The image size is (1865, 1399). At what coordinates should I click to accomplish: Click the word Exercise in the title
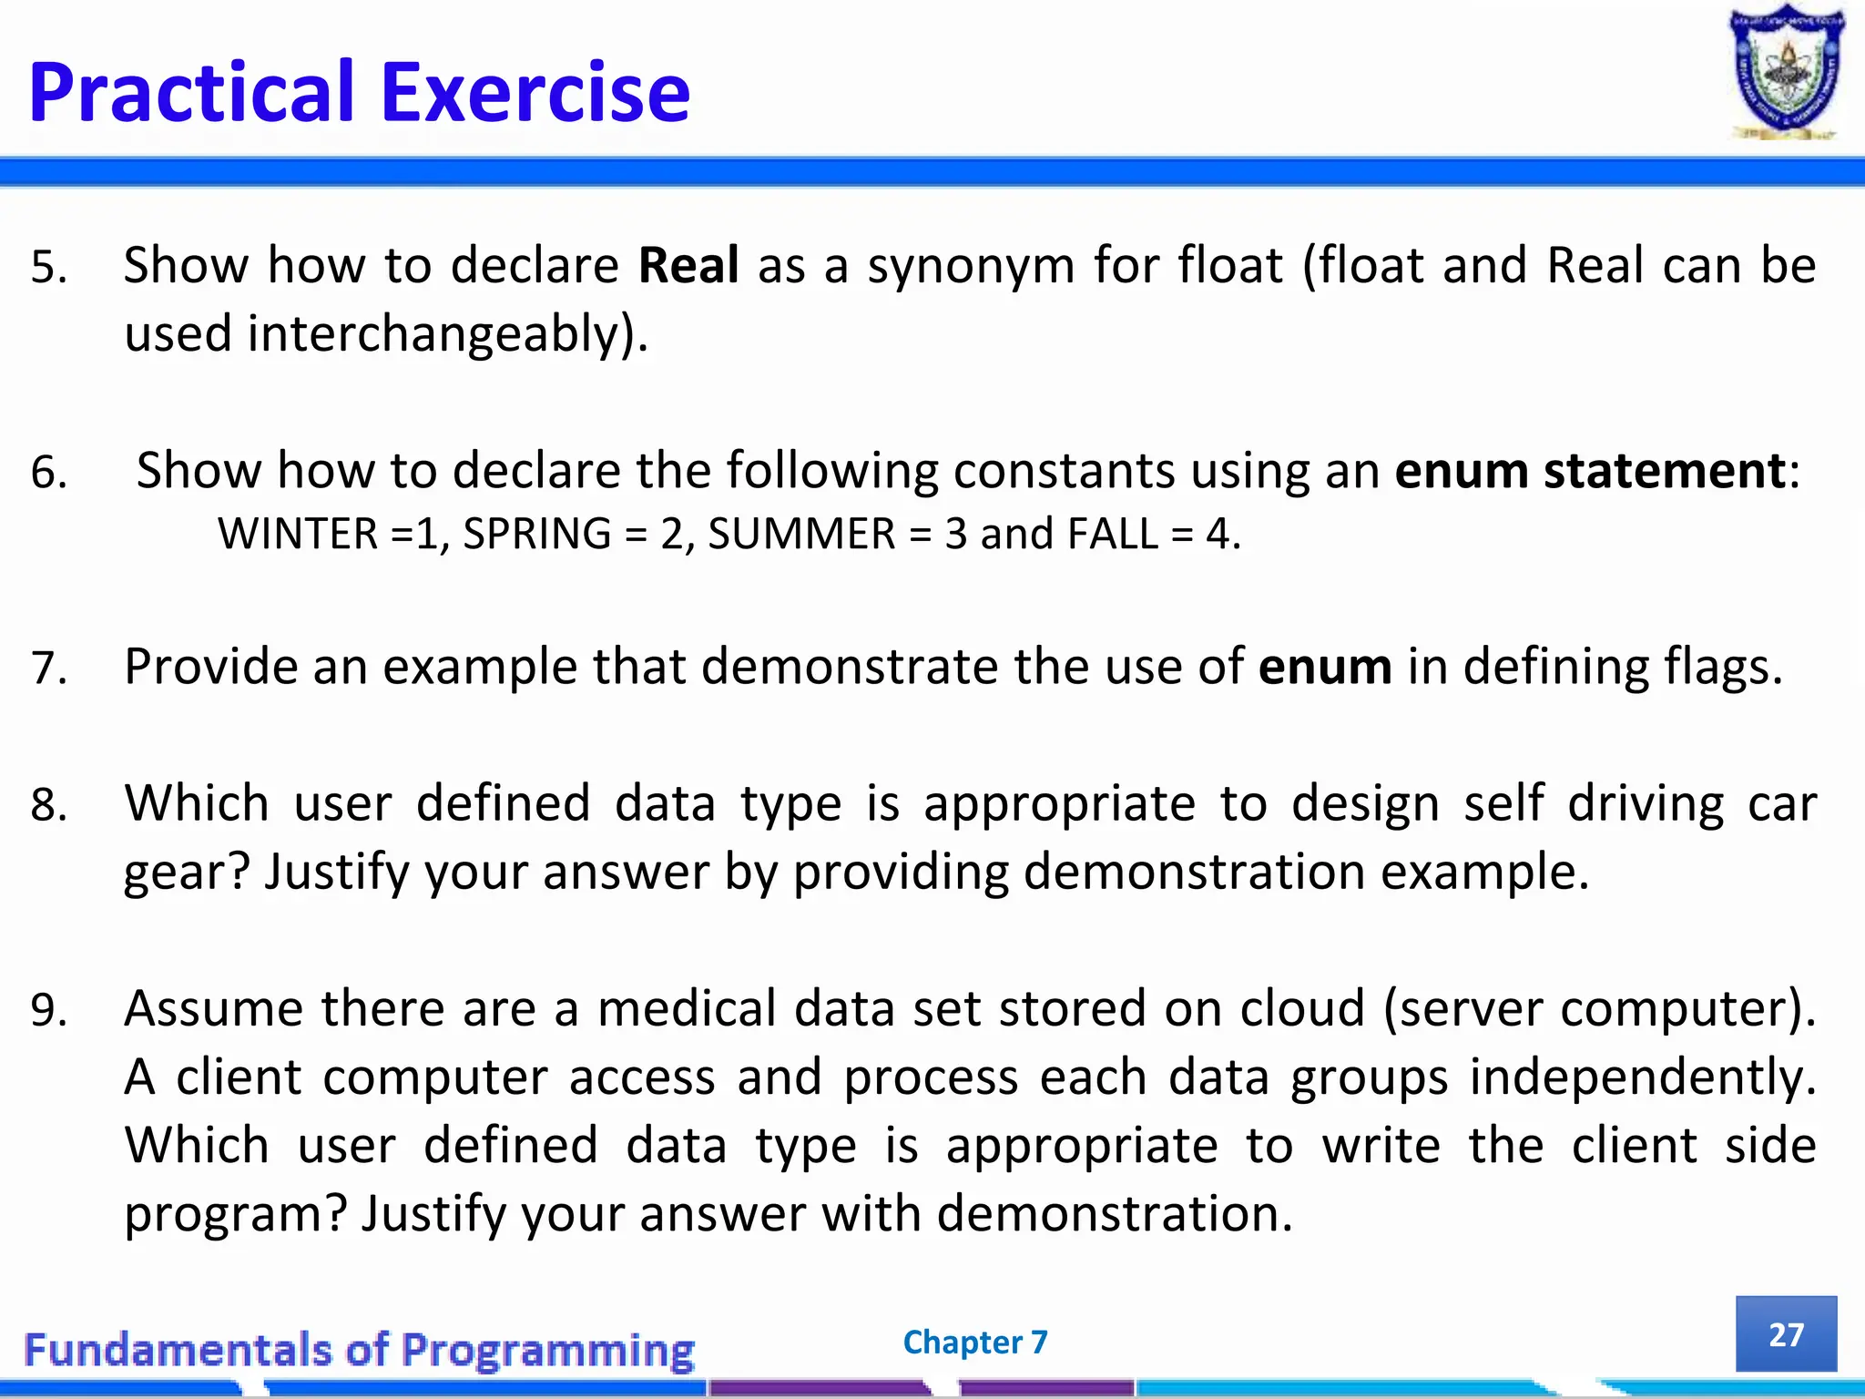click(535, 93)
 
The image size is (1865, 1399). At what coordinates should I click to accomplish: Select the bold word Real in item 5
click(688, 266)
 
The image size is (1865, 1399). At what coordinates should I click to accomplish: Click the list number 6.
click(48, 473)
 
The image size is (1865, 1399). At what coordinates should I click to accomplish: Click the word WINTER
click(298, 534)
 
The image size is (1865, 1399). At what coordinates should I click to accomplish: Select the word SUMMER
click(801, 534)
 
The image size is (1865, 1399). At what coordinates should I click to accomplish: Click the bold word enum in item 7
click(1325, 667)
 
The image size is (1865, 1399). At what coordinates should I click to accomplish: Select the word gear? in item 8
click(186, 873)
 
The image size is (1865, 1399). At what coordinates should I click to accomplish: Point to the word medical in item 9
click(685, 1009)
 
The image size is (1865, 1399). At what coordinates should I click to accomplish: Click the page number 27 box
click(1786, 1333)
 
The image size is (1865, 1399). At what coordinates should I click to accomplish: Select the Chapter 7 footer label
click(975, 1342)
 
